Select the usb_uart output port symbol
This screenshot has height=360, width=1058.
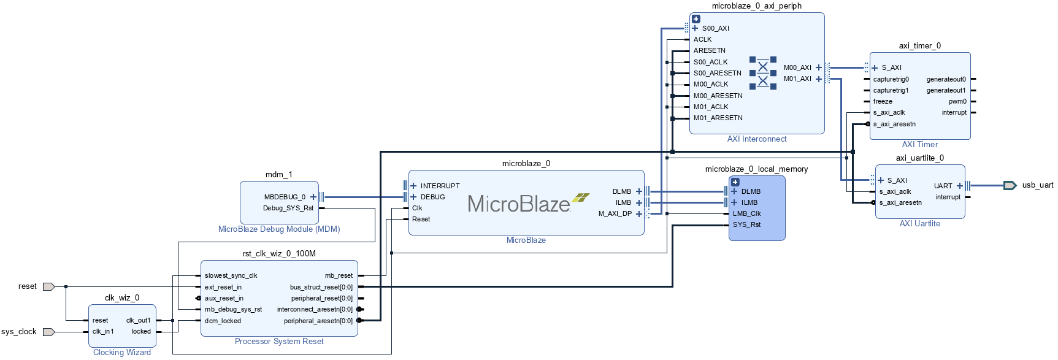pyautogui.click(x=1010, y=185)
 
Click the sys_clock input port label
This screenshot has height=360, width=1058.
pyautogui.click(x=19, y=332)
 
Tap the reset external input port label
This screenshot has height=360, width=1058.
pyautogui.click(x=27, y=286)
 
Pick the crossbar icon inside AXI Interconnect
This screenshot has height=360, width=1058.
pyautogui.click(x=762, y=73)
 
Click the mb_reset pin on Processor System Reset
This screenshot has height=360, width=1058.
pyautogui.click(x=339, y=276)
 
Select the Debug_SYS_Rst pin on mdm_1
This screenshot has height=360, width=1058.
pyautogui.click(x=288, y=208)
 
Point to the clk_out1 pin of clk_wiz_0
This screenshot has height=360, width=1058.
pyautogui.click(x=139, y=320)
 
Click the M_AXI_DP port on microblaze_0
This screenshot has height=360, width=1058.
pyautogui.click(x=615, y=214)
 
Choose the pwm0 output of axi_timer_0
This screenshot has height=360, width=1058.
pyautogui.click(x=957, y=102)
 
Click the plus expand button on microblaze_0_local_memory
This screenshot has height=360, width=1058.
pyautogui.click(x=735, y=182)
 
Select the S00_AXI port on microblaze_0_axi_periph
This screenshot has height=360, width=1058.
pyautogui.click(x=715, y=28)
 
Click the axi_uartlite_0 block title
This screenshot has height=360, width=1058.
pyautogui.click(x=919, y=158)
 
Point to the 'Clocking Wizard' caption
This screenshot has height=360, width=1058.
pyautogui.click(x=121, y=352)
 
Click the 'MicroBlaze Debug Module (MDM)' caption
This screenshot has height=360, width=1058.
pyautogui.click(x=279, y=229)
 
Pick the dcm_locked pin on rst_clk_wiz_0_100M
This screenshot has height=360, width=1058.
pyautogui.click(x=223, y=321)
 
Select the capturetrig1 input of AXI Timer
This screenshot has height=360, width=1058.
pyautogui.click(x=891, y=90)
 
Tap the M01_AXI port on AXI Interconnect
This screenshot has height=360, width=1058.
pyautogui.click(x=797, y=79)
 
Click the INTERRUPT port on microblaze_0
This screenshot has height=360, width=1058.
pyautogui.click(x=439, y=186)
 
